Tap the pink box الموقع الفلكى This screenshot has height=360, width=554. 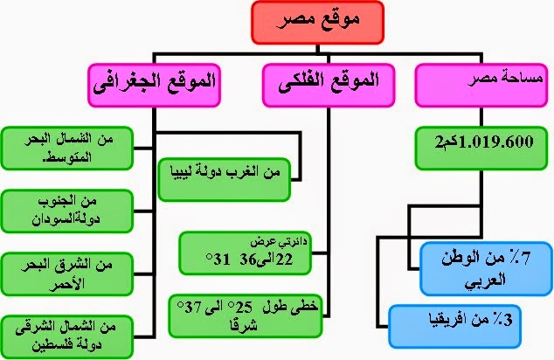322,85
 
